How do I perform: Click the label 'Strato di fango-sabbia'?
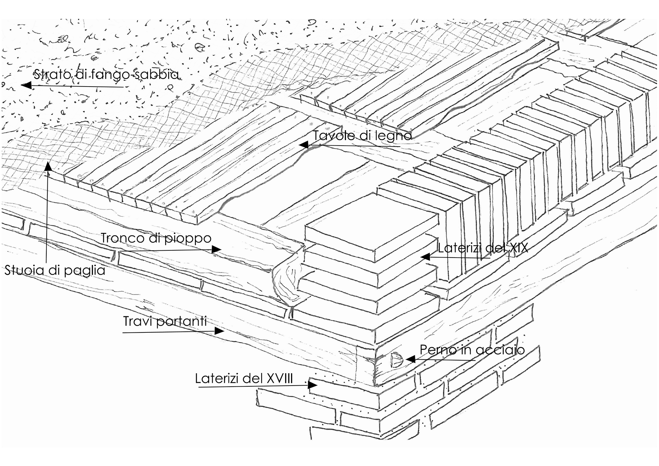coord(106,74)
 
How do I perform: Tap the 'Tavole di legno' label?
coord(362,136)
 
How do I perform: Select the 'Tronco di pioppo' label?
coord(156,238)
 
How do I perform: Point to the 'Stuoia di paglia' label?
coord(55,270)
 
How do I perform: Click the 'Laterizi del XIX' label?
coord(483,248)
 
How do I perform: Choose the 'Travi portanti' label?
coord(165,321)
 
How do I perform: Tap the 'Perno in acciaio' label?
coord(472,350)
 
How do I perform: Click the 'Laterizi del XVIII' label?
coord(244,378)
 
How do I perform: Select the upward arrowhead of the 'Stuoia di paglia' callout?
coord(48,166)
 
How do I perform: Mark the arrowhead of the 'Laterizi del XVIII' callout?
coord(313,385)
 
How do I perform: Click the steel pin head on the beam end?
coord(396,360)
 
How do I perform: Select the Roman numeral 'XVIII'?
coord(279,378)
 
